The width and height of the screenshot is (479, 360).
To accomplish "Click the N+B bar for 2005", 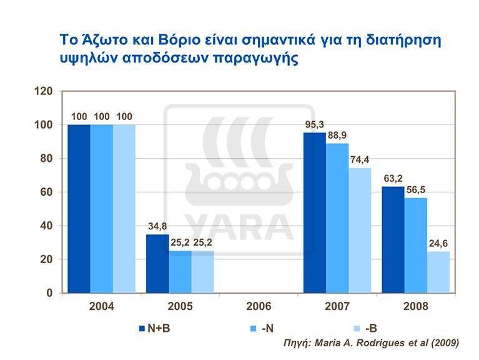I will coord(157,263).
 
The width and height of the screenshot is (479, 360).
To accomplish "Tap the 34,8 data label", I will coord(157,226).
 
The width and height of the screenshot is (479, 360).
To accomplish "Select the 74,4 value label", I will coord(362,160).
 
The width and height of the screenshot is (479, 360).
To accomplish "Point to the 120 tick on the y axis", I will coord(44,91).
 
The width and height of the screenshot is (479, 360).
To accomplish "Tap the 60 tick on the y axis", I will coord(47,192).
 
